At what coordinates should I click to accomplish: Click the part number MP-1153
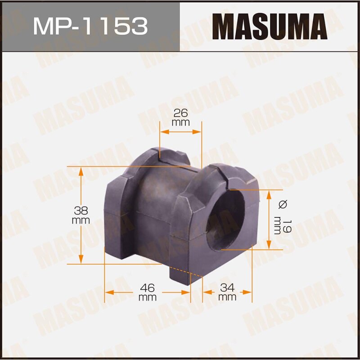coord(90,26)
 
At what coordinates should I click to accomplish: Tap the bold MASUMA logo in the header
coord(270,26)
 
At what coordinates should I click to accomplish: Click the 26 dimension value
coord(180,113)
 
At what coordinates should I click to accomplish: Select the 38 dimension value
coord(81,210)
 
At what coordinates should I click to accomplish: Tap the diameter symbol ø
coord(283,204)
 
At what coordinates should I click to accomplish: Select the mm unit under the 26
coord(180,122)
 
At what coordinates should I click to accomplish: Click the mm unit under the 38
coord(81,220)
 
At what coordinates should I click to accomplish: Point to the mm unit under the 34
coord(227,297)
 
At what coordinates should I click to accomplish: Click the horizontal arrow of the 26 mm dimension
coord(180,132)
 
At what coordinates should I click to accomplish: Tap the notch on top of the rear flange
coord(160,153)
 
